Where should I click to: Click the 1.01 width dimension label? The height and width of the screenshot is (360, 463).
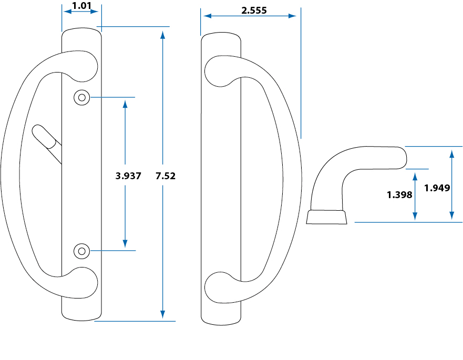point(81,7)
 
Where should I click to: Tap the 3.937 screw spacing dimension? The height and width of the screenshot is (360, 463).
point(128,176)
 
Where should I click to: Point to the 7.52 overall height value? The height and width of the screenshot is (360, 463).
point(166,176)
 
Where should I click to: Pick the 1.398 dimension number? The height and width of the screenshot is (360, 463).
point(399,195)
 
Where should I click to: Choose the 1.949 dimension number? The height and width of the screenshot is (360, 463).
point(437,188)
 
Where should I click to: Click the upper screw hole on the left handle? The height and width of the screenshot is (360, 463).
point(81,97)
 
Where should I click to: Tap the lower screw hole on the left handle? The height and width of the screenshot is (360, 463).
point(81,251)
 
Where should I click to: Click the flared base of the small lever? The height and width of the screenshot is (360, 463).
point(326,217)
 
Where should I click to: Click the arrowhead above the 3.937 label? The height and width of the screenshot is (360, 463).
point(125,103)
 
